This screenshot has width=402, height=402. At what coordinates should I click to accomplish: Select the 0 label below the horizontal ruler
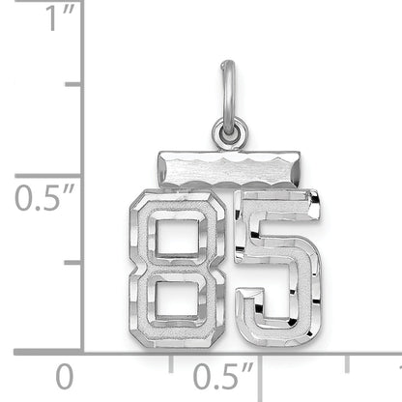tap(65, 375)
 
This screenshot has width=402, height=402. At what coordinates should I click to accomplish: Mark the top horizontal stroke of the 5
tap(284, 207)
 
